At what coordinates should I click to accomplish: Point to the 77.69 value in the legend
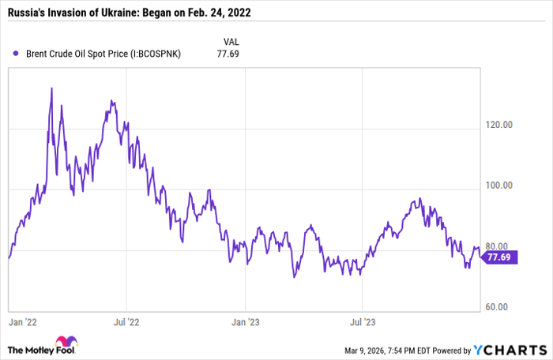pos(228,54)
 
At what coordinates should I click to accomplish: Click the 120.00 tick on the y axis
pos(498,125)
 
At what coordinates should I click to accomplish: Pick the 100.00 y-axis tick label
pos(498,186)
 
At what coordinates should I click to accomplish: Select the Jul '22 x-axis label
pos(126,321)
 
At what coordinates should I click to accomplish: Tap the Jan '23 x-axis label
pos(245,321)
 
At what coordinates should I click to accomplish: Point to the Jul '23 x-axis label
pos(361,321)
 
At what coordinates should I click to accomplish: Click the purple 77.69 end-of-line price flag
pos(500,257)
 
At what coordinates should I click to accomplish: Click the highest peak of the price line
pos(51,88)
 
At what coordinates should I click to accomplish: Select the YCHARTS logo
pos(510,349)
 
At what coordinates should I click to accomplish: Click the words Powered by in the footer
pos(450,349)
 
